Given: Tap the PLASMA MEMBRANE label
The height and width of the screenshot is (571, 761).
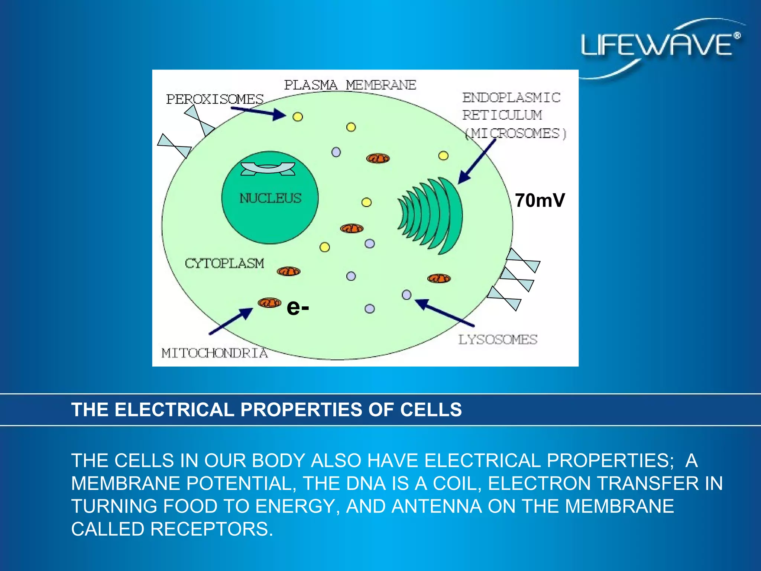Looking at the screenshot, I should [x=350, y=85].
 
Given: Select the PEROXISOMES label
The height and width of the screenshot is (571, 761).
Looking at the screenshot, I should [x=214, y=99].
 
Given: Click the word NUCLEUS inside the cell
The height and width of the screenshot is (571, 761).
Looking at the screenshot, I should [x=270, y=198].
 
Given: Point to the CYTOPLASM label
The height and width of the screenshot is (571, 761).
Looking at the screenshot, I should [x=224, y=264].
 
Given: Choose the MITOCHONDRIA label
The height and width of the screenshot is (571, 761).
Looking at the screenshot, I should [x=214, y=353].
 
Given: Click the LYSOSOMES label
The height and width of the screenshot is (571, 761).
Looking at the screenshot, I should [x=498, y=339].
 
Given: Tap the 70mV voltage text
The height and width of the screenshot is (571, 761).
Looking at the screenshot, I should [x=540, y=200].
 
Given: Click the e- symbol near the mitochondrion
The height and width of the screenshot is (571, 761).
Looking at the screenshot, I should [x=298, y=308].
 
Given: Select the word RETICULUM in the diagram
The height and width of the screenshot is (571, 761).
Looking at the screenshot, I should [x=502, y=115].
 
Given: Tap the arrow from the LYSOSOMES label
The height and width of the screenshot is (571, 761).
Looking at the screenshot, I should [x=444, y=313].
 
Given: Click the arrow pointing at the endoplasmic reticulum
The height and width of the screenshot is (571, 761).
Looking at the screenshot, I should [x=477, y=161].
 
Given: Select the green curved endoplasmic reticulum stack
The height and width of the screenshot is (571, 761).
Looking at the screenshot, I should [x=433, y=215].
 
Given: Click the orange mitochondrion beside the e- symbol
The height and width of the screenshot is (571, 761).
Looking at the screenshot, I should [x=270, y=303].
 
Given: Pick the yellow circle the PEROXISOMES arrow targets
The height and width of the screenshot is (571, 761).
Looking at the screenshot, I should [x=298, y=117].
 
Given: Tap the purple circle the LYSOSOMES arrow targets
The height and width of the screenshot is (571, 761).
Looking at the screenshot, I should [x=407, y=295].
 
